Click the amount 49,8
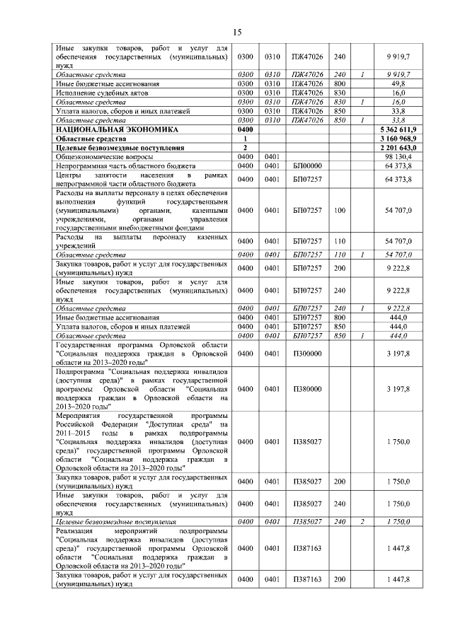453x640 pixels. [420, 83]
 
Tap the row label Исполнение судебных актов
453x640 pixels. [97, 93]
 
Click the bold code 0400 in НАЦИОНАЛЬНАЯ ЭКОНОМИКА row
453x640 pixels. [246, 130]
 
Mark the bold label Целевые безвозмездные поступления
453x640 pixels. [120, 148]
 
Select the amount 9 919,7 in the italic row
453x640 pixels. [416, 74]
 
